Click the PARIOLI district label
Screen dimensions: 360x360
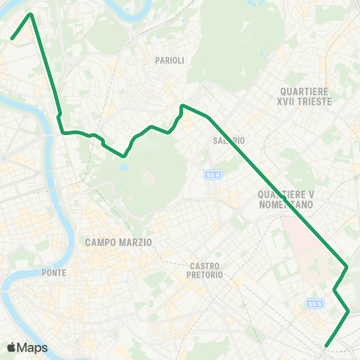[169, 60]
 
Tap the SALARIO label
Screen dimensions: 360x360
[229, 140]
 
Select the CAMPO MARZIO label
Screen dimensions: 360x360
[118, 242]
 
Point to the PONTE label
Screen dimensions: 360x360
[57, 271]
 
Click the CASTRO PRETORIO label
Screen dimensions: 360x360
[206, 270]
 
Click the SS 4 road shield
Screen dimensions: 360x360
[213, 174]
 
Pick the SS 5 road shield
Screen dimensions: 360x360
[313, 303]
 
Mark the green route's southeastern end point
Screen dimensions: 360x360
[325, 346]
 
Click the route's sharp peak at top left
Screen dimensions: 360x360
[31, 13]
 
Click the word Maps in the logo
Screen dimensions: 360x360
[32, 347]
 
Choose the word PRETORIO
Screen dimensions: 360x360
[206, 275]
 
